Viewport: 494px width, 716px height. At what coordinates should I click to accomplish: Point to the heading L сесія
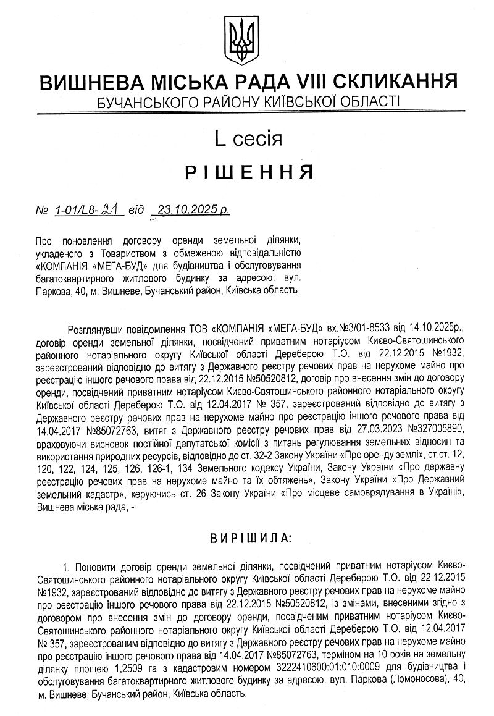click(248, 138)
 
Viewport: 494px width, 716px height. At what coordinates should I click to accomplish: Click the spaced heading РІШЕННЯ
click(248, 171)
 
